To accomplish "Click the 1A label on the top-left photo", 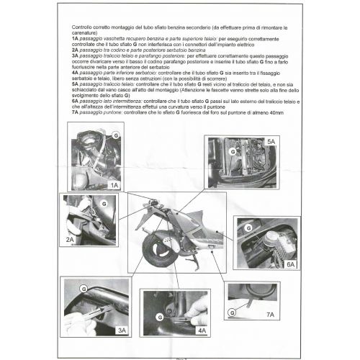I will coord(114,185).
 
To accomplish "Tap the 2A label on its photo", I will coord(71,238).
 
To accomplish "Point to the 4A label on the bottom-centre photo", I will coord(199,330).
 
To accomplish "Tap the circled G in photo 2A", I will coord(102,204).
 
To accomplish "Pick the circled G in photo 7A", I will coord(232,312).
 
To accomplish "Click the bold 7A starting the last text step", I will coord(76,114).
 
